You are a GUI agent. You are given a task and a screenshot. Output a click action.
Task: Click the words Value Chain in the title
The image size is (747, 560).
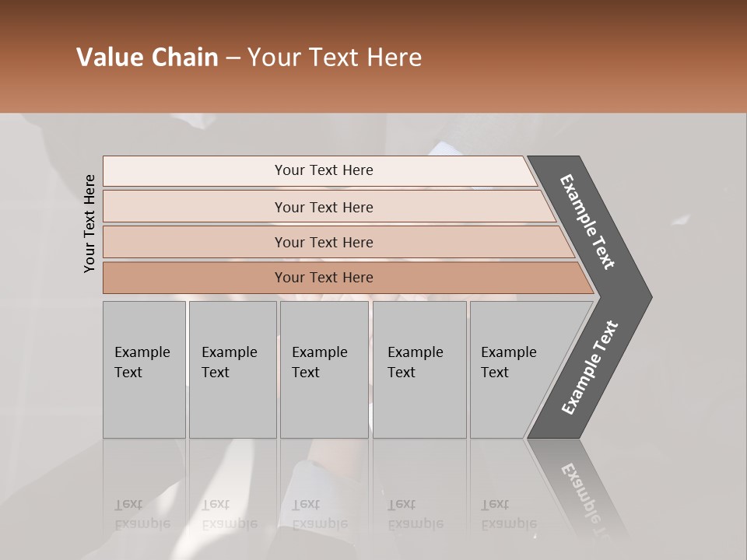(147, 58)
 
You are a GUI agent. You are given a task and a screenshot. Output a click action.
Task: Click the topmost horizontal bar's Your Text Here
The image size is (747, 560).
(324, 170)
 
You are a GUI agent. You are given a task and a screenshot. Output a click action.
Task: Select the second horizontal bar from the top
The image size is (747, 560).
(324, 207)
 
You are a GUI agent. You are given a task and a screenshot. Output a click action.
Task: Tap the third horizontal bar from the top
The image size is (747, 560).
(324, 242)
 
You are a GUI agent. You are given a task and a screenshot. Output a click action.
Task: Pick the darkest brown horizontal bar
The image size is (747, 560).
(324, 278)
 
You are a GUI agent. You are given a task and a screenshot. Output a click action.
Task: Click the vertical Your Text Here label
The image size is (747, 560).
(90, 223)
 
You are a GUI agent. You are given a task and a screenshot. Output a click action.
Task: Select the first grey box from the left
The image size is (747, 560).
(144, 369)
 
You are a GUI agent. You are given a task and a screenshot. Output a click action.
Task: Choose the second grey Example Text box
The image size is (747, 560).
(232, 369)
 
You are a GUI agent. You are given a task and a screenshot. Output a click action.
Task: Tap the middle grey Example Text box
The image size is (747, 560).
(324, 369)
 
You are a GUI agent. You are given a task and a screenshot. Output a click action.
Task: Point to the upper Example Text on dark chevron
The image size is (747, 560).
(587, 222)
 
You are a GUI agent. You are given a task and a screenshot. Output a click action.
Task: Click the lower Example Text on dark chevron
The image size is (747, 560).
(589, 368)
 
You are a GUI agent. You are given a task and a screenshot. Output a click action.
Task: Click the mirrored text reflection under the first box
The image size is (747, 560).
(142, 514)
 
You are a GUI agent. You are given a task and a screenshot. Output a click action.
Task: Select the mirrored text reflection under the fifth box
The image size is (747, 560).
(508, 514)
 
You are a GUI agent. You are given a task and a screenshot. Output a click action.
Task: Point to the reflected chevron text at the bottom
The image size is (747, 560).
(584, 498)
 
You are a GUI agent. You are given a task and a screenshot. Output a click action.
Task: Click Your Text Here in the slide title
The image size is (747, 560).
(335, 58)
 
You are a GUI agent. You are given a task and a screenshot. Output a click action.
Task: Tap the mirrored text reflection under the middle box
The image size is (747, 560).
(319, 514)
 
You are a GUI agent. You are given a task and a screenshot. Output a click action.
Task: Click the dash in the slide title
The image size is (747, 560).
(233, 58)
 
